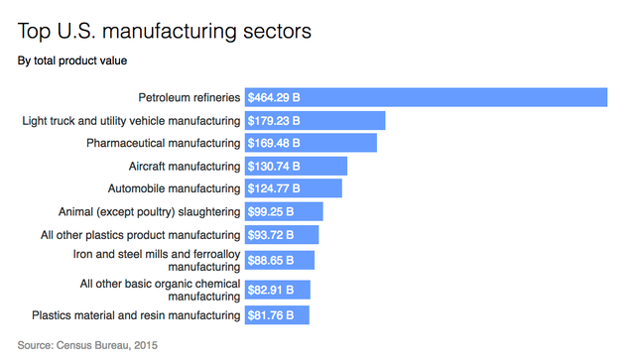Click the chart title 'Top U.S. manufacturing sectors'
[165, 31]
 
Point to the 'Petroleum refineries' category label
[189, 97]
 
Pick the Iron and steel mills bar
[304, 260]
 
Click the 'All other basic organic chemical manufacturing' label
[161, 290]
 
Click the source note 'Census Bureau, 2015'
[87, 345]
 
